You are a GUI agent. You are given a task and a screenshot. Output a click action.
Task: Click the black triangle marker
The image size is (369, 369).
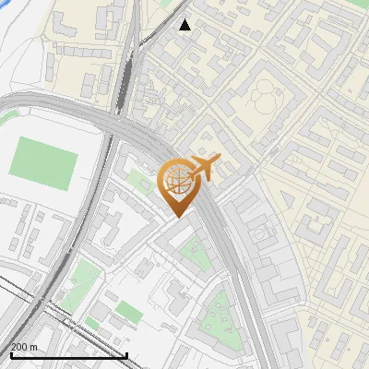pyautogui.click(x=185, y=24)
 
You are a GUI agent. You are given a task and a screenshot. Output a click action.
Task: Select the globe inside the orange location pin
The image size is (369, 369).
pyautogui.click(x=174, y=184)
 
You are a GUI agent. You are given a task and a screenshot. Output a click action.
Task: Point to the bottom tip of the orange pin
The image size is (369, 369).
pyautogui.click(x=175, y=218)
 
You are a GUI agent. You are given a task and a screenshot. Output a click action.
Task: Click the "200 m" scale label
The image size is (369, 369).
pyautogui.click(x=24, y=346)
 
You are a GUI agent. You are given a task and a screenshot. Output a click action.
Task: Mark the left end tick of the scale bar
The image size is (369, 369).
pyautogui.click(x=11, y=353)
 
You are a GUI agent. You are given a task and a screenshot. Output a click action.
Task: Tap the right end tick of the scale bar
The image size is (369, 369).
pyautogui.click(x=126, y=353)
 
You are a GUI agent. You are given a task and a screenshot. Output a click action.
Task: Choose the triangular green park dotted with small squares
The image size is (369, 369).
pyautogui.click(x=219, y=315)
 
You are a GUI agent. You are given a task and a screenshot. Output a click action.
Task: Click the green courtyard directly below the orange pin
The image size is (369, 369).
pyautogui.click(x=196, y=250)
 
